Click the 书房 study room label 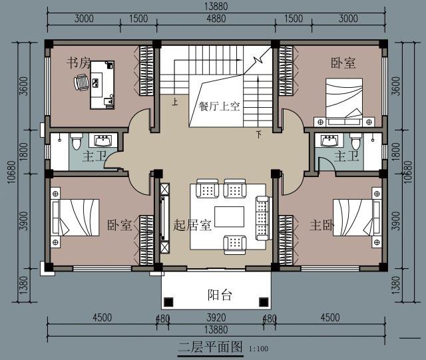pyautogui.click(x=79, y=63)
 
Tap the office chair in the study pyautogui.click(x=81, y=83)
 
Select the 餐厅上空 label pyautogui.click(x=219, y=106)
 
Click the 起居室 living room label pyautogui.click(x=192, y=225)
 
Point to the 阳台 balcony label pyautogui.click(x=220, y=295)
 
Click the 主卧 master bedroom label pyautogui.click(x=321, y=225)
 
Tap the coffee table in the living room pyautogui.click(x=229, y=216)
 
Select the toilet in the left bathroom pyautogui.click(x=76, y=141)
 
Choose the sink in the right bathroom pyautogui.click(x=329, y=140)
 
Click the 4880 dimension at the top pyautogui.click(x=216, y=19)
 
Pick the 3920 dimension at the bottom pyautogui.click(x=216, y=317)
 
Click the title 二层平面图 pyautogui.click(x=210, y=347)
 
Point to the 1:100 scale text pyautogui.click(x=258, y=349)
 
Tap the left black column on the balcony pyautogui.click(x=168, y=302)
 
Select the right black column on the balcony pyautogui.click(x=264, y=302)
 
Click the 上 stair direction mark pyautogui.click(x=175, y=102)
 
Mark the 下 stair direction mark pyautogui.click(x=259, y=134)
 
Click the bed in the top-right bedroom pyautogui.click(x=345, y=102)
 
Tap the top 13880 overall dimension pyautogui.click(x=216, y=7)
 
